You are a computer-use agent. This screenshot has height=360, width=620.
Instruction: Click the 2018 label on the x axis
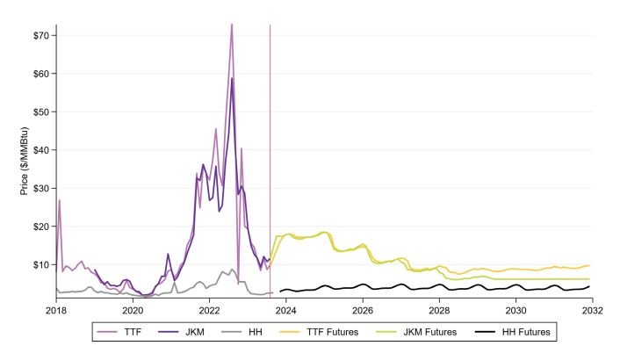56,310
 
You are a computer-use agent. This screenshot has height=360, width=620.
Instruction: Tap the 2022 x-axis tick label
209,310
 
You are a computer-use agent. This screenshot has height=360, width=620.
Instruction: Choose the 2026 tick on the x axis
363,310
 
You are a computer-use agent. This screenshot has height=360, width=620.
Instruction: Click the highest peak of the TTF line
232,25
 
